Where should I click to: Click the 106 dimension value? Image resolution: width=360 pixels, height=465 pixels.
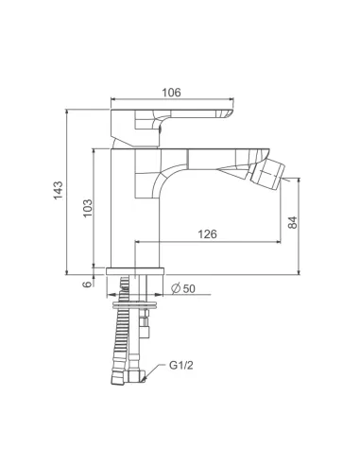click(171, 93)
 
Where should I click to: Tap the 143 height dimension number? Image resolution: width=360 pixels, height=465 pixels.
click(58, 190)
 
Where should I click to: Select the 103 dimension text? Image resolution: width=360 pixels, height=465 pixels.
click(88, 208)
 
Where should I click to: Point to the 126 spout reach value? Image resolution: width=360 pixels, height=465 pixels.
click(207, 234)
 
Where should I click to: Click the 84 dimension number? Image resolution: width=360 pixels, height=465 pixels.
click(293, 222)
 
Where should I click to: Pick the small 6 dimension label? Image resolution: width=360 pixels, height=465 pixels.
click(87, 284)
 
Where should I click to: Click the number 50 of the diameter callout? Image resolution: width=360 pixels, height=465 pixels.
click(189, 288)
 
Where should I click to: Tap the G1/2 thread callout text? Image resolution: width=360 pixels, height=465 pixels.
click(181, 366)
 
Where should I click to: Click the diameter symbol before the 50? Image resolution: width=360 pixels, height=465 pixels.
click(176, 288)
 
